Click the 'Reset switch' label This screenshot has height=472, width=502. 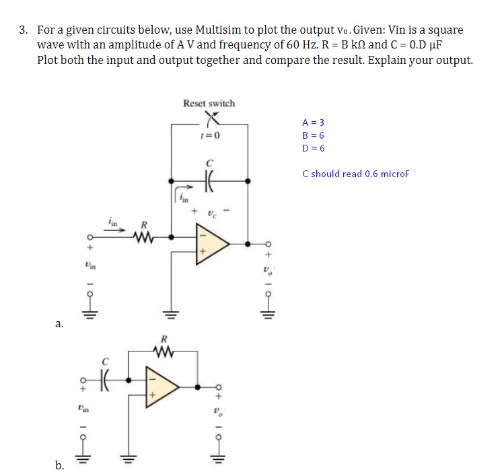tap(209, 103)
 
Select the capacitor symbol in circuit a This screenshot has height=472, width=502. tap(210, 181)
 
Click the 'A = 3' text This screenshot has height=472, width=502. tap(314, 123)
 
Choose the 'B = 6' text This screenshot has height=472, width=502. tap(314, 135)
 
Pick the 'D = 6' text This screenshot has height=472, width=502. tap(314, 148)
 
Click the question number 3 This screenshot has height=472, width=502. tap(24, 30)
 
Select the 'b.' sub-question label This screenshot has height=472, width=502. tap(60, 465)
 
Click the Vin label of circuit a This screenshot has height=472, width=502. tap(85, 267)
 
